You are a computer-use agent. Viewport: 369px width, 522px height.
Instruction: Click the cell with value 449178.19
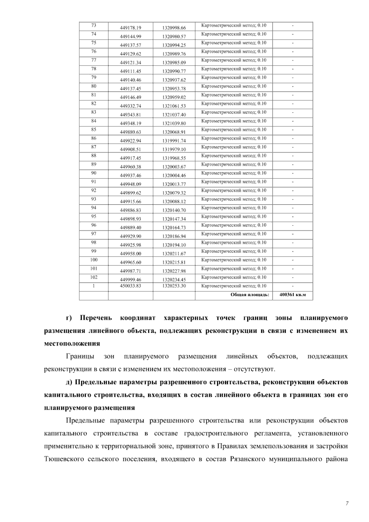coord(130,28)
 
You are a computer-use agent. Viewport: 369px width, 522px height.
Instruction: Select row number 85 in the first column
coord(93,130)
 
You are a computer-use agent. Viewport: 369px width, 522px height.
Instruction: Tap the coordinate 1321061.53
coord(174,106)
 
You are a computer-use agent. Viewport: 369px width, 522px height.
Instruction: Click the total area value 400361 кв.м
coord(292,295)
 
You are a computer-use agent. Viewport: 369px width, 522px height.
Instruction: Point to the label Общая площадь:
coord(250,295)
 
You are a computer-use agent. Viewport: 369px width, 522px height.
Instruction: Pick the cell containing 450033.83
coord(130,286)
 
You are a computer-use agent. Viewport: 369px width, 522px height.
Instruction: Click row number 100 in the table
coord(93,260)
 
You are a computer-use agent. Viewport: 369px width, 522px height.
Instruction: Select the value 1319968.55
coord(174,158)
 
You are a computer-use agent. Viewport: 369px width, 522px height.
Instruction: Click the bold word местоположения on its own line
coord(72,343)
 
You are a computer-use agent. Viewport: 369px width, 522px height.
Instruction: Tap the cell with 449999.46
coord(130,280)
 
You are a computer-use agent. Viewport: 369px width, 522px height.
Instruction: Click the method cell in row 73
coord(234,26)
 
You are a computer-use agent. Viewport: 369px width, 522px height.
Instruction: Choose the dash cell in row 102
coord(292,277)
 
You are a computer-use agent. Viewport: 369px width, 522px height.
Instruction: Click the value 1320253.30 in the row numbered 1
coord(174,286)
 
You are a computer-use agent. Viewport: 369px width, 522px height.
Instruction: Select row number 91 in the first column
coord(93,182)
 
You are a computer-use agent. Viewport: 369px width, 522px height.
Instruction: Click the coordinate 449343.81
coord(130,115)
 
